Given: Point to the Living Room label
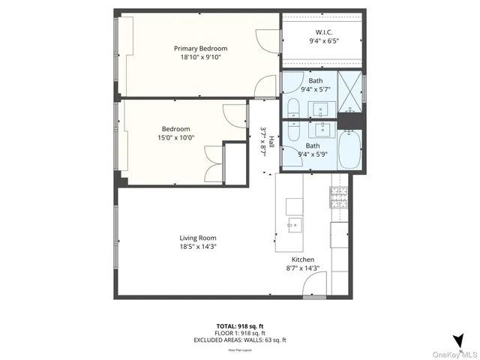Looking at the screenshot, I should [198, 238].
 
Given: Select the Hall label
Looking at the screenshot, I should [271, 140].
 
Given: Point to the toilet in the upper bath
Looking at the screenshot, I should [292, 108].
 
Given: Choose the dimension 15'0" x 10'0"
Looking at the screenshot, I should [175, 137].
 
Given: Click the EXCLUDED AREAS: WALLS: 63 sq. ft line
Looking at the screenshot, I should [239, 340].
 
